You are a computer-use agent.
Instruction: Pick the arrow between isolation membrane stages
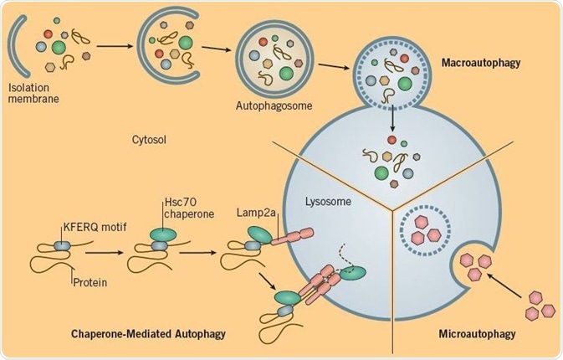[x=114, y=48]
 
